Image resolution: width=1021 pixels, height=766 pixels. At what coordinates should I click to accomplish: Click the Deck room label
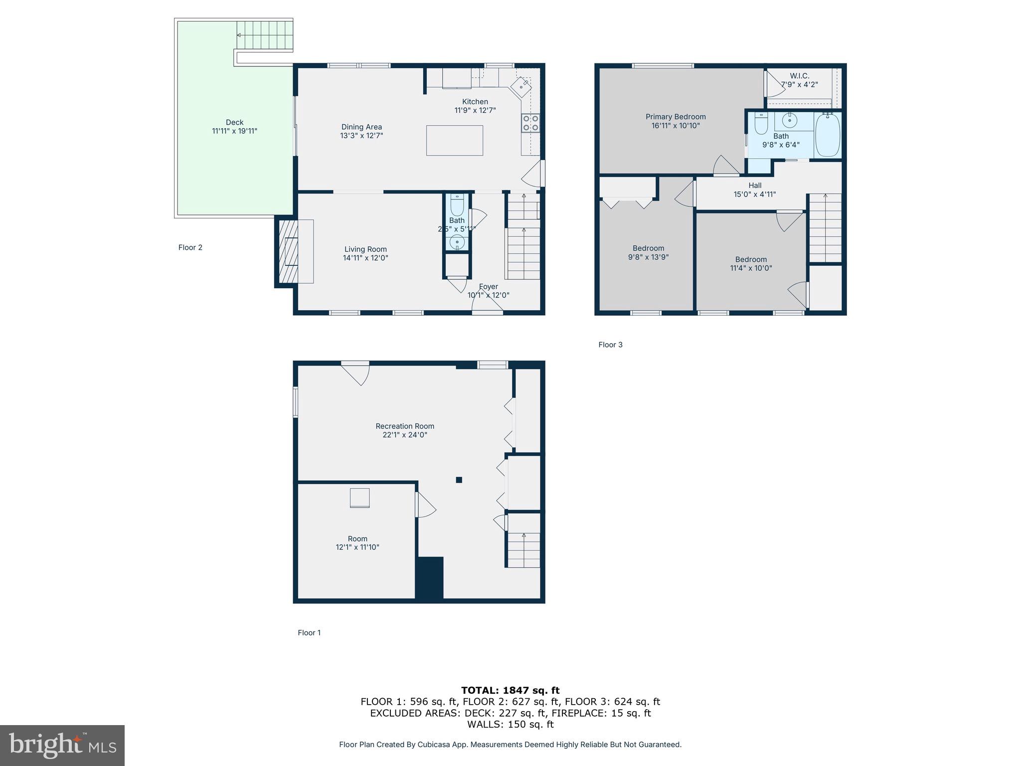(234, 122)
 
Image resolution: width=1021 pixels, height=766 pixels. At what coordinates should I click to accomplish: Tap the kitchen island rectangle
(454, 141)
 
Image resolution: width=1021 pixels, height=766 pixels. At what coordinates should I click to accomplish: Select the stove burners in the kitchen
(530, 123)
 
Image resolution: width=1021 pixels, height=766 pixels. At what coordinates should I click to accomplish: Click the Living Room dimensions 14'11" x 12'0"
(365, 258)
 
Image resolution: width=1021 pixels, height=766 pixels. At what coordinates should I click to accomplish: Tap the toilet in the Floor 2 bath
(457, 204)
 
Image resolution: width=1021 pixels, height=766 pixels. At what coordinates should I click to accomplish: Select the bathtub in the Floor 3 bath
(828, 135)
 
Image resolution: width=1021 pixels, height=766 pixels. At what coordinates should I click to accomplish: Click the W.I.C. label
(799, 76)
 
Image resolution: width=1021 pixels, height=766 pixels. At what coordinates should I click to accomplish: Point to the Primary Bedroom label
(676, 117)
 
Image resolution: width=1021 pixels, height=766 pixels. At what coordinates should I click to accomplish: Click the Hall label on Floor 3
(755, 186)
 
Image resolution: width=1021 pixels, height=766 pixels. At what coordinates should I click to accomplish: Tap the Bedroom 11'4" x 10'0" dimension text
(751, 268)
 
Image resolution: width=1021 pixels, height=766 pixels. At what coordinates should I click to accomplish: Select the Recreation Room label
(405, 426)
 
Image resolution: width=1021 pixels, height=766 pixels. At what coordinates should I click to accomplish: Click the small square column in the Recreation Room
(459, 480)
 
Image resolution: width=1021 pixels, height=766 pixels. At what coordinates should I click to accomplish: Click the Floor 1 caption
(309, 633)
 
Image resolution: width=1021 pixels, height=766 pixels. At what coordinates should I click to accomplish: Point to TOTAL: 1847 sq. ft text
(510, 690)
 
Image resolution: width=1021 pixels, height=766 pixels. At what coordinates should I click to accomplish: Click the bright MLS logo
(62, 745)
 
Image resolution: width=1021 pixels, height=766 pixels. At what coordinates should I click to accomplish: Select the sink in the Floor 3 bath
(789, 120)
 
